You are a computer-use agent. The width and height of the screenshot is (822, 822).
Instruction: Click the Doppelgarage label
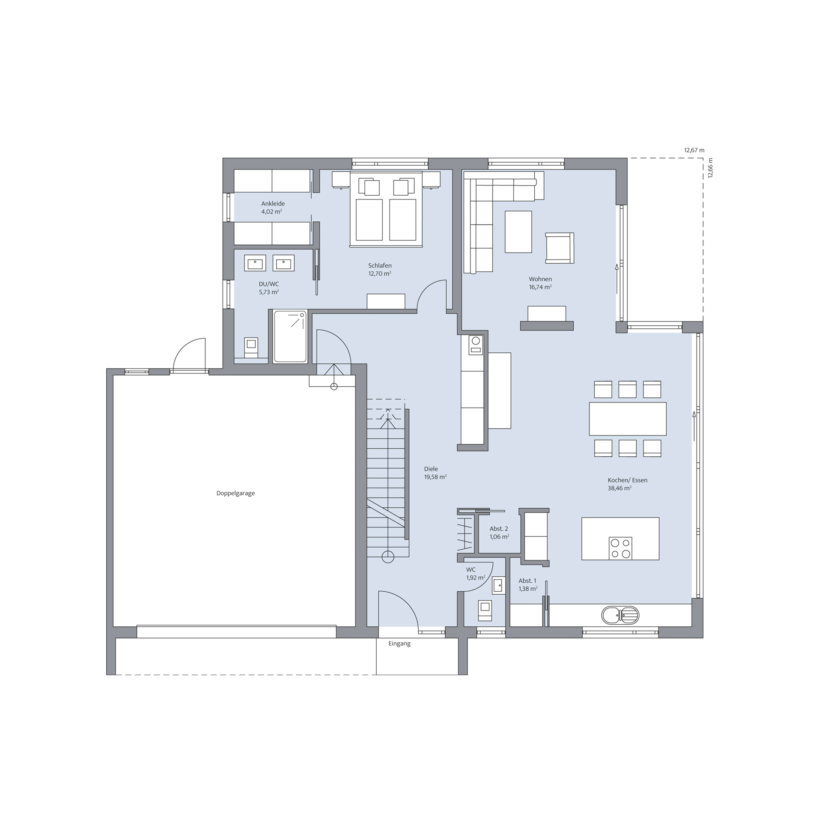[x=235, y=493]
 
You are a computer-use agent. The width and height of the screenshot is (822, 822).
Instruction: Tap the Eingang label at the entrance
[x=399, y=643]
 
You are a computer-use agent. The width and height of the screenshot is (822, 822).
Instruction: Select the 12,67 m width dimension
[x=694, y=150]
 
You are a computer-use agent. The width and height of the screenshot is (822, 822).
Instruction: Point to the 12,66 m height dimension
[x=710, y=168]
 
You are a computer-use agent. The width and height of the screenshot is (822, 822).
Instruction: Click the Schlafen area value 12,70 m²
[x=380, y=274]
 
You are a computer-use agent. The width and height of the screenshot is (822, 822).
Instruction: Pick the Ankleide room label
[x=273, y=204]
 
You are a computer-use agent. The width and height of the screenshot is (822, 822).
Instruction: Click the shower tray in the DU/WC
[x=290, y=337]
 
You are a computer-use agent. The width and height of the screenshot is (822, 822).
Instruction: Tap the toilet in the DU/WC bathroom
[x=251, y=347]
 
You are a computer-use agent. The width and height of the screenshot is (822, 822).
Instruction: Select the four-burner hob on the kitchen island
[x=620, y=548]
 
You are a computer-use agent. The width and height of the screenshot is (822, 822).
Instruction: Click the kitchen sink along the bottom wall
[x=620, y=616]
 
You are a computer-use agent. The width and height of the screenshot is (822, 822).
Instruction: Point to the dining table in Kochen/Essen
[x=628, y=419]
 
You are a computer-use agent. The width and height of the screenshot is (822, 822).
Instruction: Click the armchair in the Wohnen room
[x=560, y=248]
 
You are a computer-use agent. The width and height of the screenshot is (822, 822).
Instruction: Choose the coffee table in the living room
[x=518, y=232]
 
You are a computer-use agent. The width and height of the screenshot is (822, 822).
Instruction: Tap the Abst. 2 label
[x=499, y=529]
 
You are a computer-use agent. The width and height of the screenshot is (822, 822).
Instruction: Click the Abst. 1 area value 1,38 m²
[x=528, y=589]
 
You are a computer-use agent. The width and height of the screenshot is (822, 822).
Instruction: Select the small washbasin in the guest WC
[x=497, y=585]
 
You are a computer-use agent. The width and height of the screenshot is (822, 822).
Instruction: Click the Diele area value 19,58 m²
[x=435, y=477]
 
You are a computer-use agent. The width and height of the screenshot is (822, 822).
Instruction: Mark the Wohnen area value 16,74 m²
[x=540, y=287]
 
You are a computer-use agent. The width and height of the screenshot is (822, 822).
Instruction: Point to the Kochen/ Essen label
[x=627, y=480]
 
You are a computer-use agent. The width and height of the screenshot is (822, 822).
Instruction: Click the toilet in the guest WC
[x=485, y=610]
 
